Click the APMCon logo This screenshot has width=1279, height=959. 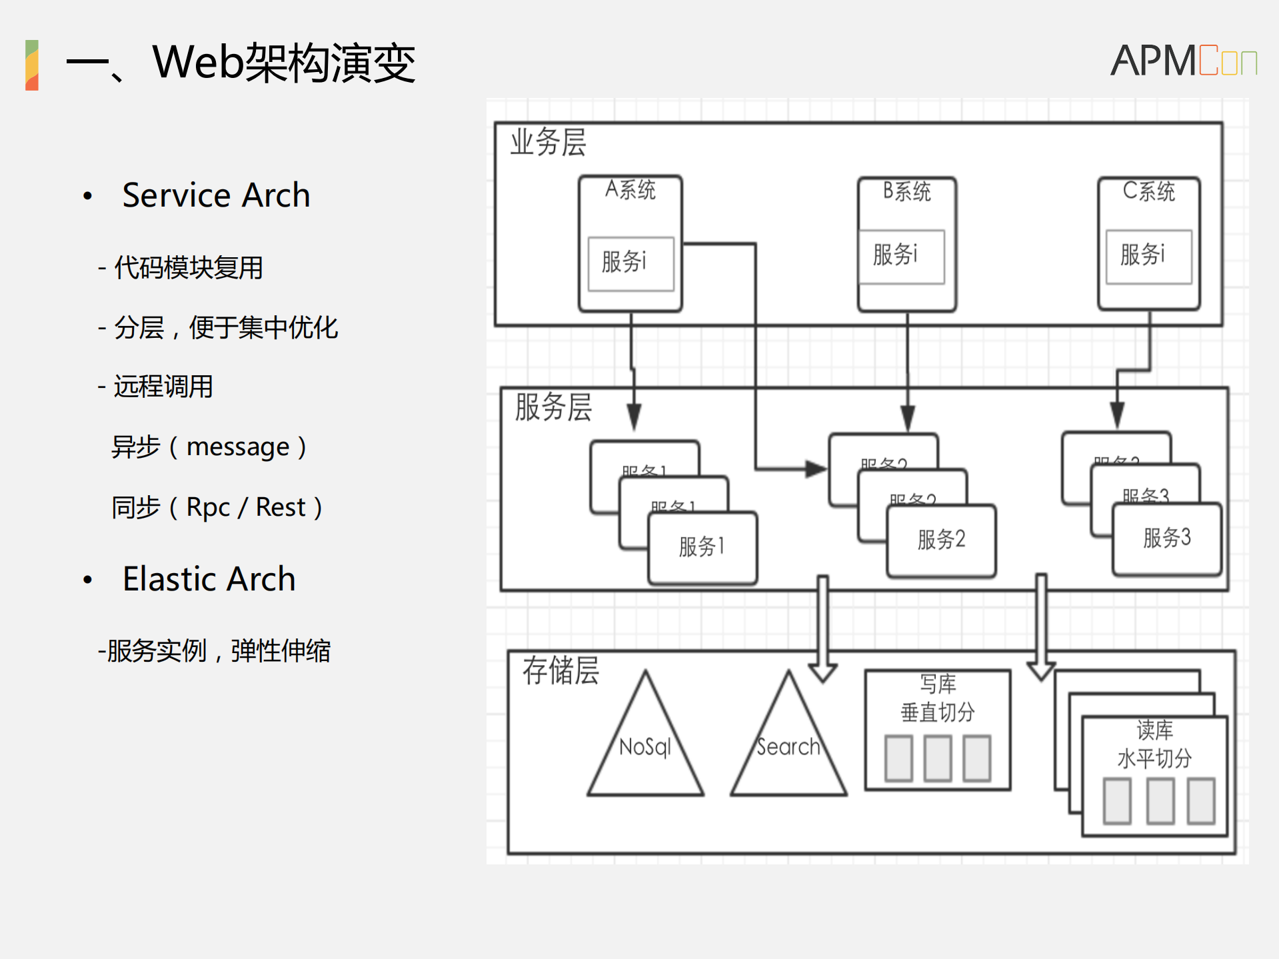1183,61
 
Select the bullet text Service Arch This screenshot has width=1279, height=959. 216,195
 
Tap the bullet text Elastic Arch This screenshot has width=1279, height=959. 209,578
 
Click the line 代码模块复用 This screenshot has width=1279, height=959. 188,268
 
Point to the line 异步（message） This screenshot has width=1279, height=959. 209,447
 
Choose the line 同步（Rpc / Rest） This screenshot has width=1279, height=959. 217,507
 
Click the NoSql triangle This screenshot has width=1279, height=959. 645,746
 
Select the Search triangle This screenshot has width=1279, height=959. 788,746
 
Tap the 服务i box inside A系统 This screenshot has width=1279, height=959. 630,263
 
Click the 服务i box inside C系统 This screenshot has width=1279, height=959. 1148,256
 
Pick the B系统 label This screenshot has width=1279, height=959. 906,192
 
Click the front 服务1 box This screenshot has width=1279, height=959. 702,547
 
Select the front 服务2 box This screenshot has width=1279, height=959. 941,540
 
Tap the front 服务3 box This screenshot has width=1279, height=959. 1166,538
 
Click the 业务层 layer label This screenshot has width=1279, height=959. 548,143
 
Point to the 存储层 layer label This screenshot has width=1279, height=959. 561,670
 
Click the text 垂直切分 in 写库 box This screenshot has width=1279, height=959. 937,712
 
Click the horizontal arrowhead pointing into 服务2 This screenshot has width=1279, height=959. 816,469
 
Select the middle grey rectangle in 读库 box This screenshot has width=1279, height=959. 1160,800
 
